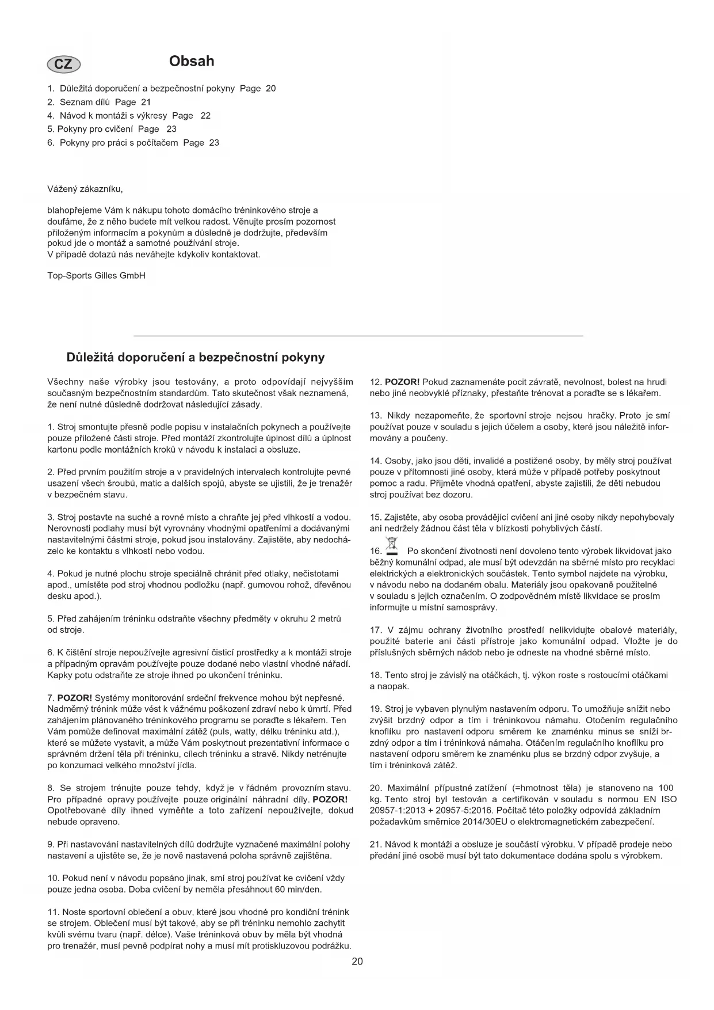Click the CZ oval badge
(x=63, y=64)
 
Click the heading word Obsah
(x=192, y=61)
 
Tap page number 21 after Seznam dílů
(x=146, y=102)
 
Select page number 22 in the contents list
(x=205, y=116)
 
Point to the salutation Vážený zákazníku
(x=85, y=189)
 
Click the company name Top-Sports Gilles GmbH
(x=96, y=275)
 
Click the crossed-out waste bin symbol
(x=392, y=544)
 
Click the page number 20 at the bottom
(x=357, y=961)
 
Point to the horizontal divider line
(x=358, y=335)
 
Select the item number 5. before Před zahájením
(x=51, y=619)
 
